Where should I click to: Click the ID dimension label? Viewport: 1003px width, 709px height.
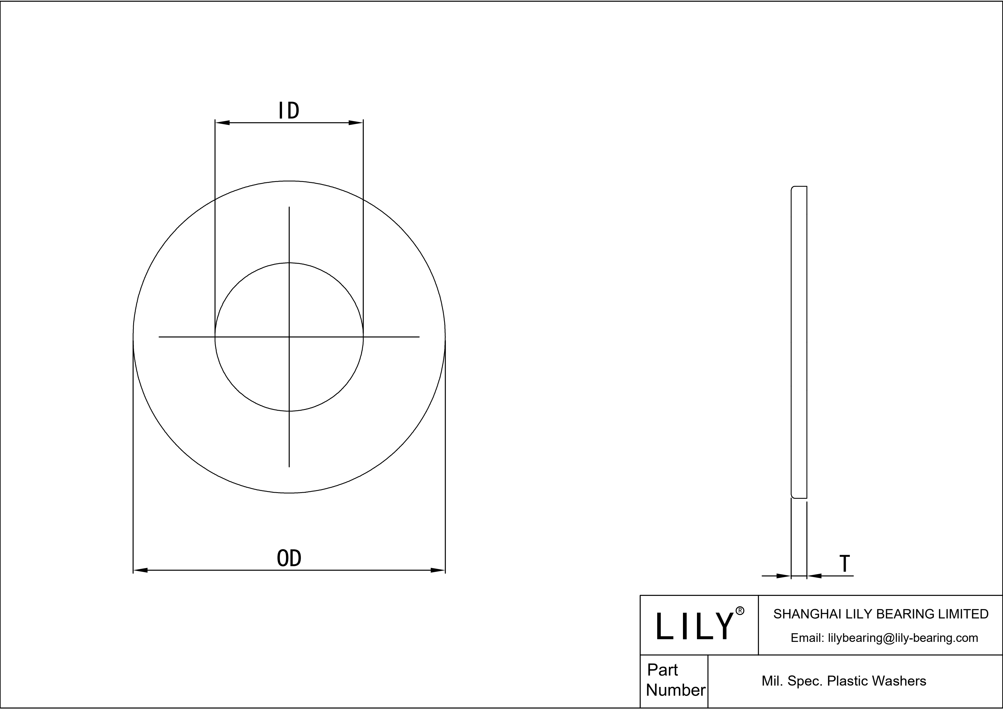(289, 111)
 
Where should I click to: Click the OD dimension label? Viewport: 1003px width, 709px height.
(289, 558)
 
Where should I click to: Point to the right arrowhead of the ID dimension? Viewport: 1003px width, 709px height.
(355, 123)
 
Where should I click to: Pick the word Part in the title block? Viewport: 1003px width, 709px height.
(662, 670)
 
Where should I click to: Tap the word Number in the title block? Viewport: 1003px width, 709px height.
(675, 690)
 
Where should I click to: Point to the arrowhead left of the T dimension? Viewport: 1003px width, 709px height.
(784, 576)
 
